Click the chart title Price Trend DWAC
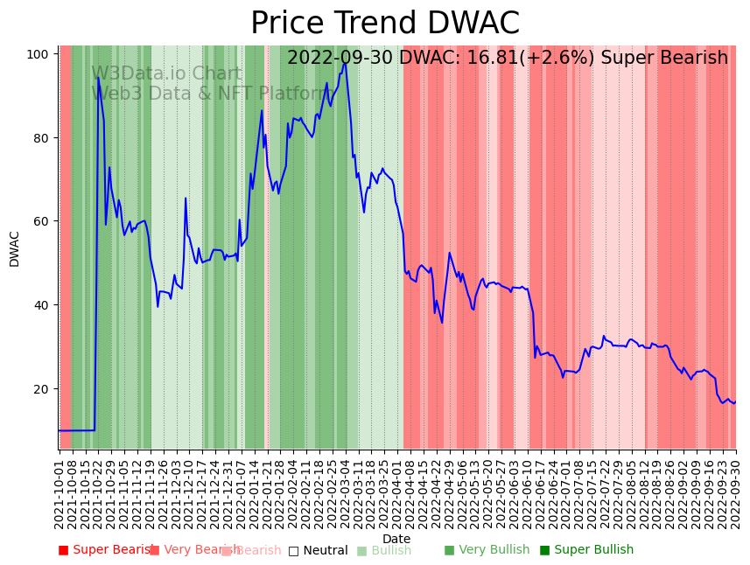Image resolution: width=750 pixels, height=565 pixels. coord(385,24)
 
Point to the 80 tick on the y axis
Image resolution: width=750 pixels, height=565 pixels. coord(40,138)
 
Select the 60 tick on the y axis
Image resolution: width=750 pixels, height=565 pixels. coord(40,221)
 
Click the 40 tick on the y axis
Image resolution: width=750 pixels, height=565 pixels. coord(40,305)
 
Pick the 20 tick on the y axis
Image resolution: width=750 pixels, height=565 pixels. coord(40,389)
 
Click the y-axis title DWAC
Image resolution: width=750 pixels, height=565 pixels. coord(14,248)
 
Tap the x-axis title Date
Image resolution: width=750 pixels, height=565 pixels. coord(396,539)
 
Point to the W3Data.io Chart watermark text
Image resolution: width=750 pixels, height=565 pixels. coord(166,73)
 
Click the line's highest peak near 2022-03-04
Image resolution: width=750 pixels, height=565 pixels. coord(345,63)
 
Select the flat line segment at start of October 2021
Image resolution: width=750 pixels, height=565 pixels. coord(77,430)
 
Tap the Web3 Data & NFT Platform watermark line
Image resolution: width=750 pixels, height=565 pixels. coord(210,94)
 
